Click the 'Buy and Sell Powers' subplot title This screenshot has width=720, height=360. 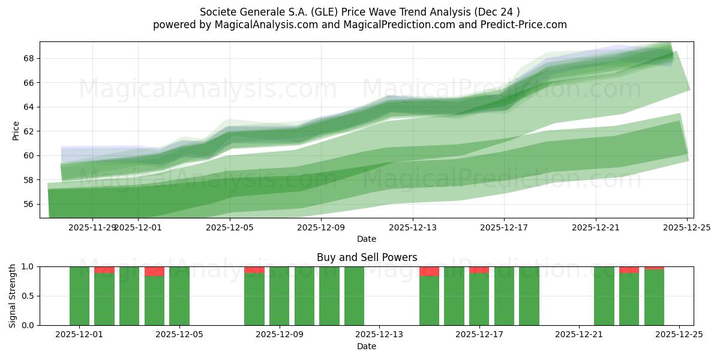[367, 257]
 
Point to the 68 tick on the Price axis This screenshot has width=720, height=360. [28, 58]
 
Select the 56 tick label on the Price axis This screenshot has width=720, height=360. [28, 204]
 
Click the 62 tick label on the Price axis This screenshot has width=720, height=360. [28, 131]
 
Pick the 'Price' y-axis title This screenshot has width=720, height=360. [16, 131]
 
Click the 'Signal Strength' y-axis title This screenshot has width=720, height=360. [13, 295]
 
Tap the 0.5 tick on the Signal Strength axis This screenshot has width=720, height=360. [26, 296]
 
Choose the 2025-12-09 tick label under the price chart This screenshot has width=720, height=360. [322, 227]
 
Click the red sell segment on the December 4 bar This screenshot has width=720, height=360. [154, 271]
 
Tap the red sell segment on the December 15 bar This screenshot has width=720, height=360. [429, 271]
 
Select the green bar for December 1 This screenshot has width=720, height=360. [79, 296]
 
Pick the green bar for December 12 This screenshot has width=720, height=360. [354, 296]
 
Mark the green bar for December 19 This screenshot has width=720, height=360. [529, 296]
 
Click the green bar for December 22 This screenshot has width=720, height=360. [604, 296]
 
